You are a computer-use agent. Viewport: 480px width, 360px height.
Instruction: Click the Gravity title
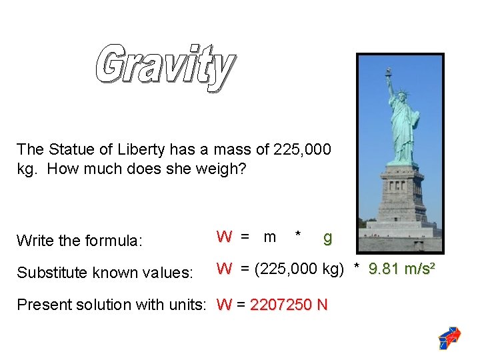pos(165,67)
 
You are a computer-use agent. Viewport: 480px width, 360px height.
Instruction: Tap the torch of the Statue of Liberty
pos(389,71)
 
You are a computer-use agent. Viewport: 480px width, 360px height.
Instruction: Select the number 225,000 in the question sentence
pos(302,149)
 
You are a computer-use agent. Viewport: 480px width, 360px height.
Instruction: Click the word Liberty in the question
pos(141,150)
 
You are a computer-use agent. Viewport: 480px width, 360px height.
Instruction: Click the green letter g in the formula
pos(327,238)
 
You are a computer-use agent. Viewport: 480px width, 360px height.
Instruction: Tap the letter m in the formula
pos(270,237)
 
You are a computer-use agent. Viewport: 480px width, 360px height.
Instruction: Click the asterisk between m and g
pos(297,234)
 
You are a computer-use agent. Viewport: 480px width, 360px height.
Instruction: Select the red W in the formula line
pos(224,237)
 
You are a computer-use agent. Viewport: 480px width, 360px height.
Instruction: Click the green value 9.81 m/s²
pos(401,269)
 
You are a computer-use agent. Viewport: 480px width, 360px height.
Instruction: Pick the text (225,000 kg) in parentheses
pos(299,269)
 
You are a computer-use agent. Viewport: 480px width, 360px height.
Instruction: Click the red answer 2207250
pos(281,305)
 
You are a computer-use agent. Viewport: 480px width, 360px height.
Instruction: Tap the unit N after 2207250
pos(323,305)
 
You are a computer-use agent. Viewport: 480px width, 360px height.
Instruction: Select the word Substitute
pos(52,272)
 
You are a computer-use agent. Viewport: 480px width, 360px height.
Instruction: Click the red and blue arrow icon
pos(449,337)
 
